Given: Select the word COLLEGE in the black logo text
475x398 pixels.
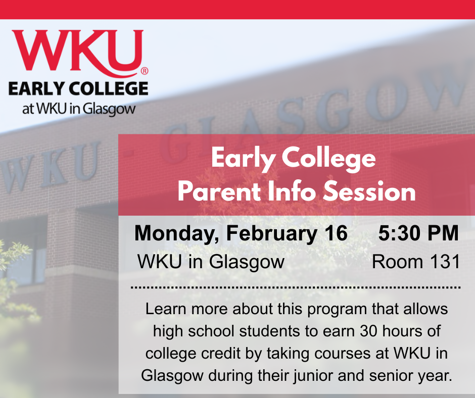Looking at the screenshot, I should coord(107,89).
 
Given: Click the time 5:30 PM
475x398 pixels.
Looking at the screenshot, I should coord(418,233).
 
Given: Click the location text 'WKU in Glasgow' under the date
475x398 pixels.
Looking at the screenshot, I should coord(211,263).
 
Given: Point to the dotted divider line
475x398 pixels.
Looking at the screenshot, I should coord(296,287).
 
